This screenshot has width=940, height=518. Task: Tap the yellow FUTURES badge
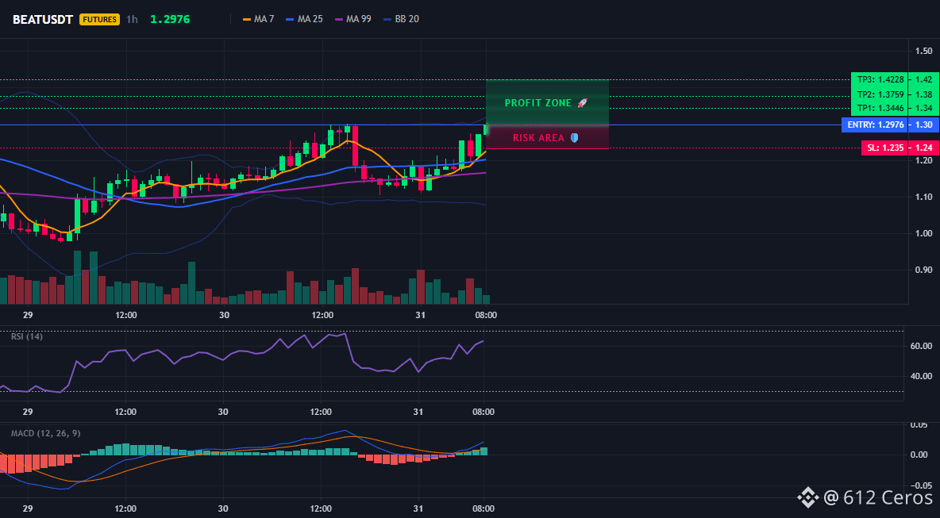pyautogui.click(x=99, y=19)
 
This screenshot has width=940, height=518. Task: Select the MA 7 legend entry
pyautogui.click(x=258, y=19)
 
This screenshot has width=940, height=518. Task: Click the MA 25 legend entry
pyautogui.click(x=305, y=19)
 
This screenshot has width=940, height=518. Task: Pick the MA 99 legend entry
pyautogui.click(x=353, y=19)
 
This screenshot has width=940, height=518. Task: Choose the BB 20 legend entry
pyautogui.click(x=401, y=19)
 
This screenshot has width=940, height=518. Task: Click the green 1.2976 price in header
pyautogui.click(x=170, y=19)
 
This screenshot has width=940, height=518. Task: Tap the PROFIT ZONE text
pyautogui.click(x=538, y=103)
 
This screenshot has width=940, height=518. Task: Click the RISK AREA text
pyautogui.click(x=538, y=138)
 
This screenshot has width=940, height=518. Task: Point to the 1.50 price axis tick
pyautogui.click(x=924, y=52)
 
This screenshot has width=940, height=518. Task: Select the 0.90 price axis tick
pyautogui.click(x=924, y=270)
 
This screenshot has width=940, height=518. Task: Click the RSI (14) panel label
pyautogui.click(x=27, y=336)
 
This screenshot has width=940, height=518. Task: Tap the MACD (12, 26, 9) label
pyautogui.click(x=45, y=433)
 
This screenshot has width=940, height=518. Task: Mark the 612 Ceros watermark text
pyautogui.click(x=880, y=497)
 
